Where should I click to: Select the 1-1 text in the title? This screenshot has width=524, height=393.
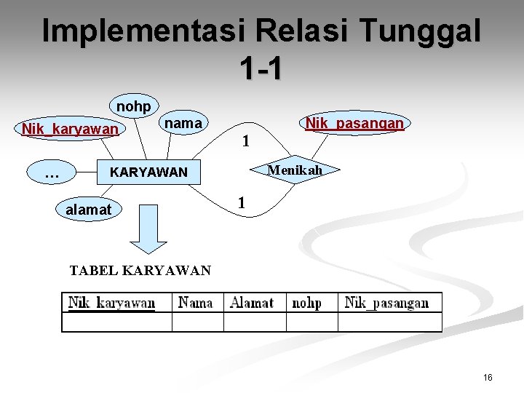(261, 68)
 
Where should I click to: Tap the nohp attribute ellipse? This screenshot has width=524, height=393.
(134, 107)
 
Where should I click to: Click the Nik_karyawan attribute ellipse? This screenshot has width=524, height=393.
(70, 130)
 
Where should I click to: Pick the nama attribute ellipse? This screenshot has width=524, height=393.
(183, 124)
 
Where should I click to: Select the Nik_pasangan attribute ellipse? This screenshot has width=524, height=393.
(354, 124)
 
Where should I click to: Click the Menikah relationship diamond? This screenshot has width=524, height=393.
(293, 170)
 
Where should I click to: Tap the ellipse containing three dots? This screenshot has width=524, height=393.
(52, 174)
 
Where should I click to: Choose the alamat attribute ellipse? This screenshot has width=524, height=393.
(89, 210)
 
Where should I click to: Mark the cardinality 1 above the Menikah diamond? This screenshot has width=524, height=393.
(246, 141)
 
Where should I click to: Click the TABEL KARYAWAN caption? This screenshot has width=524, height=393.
(140, 271)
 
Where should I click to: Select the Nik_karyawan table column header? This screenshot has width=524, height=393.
(111, 303)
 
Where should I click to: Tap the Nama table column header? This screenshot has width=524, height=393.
(196, 303)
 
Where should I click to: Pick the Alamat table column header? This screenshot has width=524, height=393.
(252, 303)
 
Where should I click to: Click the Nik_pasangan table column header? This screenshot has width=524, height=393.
(386, 303)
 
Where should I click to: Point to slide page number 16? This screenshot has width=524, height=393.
(488, 377)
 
